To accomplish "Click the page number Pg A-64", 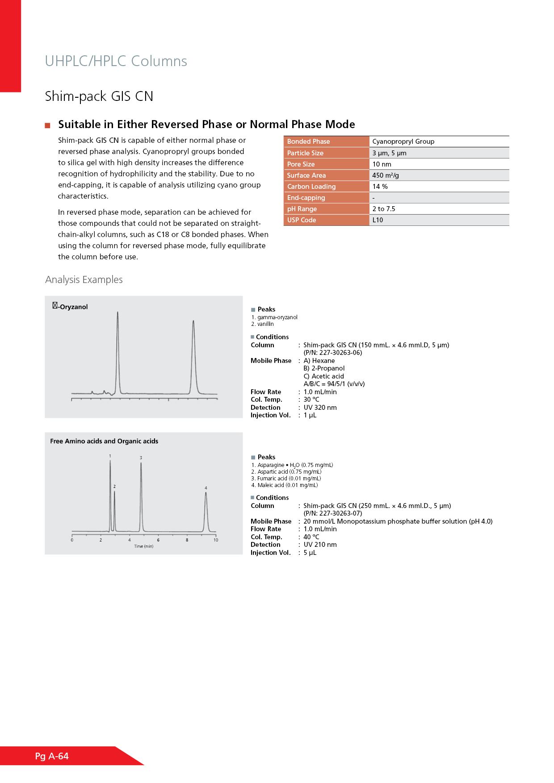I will (52, 756).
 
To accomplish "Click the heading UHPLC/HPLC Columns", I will (116, 61).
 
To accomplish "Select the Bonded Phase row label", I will (308, 142).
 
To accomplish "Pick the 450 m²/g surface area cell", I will (386, 175).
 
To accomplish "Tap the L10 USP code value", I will (378, 220).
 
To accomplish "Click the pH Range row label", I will (302, 209).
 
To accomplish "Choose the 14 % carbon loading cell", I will (380, 187).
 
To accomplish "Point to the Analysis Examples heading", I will (84, 279).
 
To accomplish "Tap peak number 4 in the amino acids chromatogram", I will (206, 488).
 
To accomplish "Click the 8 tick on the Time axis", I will (187, 540).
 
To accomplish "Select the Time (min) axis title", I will (143, 546).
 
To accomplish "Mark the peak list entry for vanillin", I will (265, 324).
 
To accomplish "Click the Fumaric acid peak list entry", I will (289, 479).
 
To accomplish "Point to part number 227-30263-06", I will (333, 353).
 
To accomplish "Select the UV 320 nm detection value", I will (320, 408).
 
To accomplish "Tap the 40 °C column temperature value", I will (311, 537).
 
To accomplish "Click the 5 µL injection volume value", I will (310, 553).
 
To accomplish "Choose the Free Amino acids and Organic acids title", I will (104, 441).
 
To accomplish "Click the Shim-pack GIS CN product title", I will (99, 96).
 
